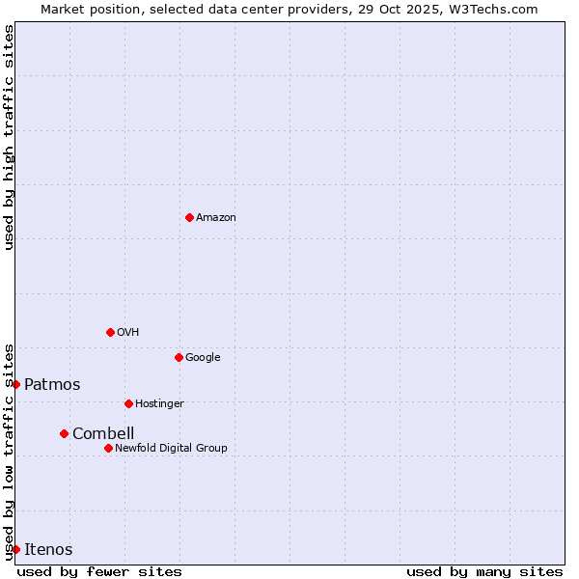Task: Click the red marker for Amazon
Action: click(x=189, y=217)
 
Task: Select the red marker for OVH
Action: click(x=110, y=332)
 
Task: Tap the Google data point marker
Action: click(x=179, y=357)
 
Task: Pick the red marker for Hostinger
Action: click(x=128, y=403)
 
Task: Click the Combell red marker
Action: click(x=64, y=433)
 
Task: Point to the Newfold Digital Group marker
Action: click(x=108, y=448)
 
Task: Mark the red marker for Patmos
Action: click(x=15, y=384)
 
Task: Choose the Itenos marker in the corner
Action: click(x=15, y=549)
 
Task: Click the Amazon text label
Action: click(x=216, y=218)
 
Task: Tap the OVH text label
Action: click(x=128, y=333)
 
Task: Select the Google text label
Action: click(x=203, y=358)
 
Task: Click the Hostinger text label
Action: click(x=159, y=404)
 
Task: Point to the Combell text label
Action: click(x=103, y=434)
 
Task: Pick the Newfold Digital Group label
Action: click(x=171, y=449)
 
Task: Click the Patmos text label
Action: click(x=52, y=385)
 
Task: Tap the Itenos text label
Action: click(x=48, y=550)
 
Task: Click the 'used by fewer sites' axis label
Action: click(x=99, y=571)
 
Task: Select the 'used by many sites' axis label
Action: click(x=484, y=571)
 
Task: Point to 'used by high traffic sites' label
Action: click(x=9, y=137)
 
